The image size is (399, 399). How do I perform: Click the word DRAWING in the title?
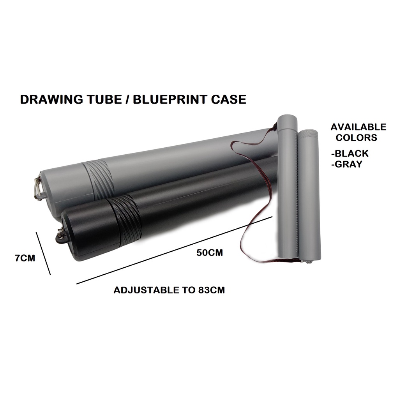51,99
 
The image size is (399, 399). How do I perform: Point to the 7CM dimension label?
25,258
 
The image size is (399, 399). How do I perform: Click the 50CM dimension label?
210,252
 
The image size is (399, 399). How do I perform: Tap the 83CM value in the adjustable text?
211,290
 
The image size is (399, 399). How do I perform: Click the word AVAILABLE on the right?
358,127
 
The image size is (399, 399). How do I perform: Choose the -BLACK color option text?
350,154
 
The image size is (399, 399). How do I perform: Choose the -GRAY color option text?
346,164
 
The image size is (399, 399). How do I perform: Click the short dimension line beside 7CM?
43,253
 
